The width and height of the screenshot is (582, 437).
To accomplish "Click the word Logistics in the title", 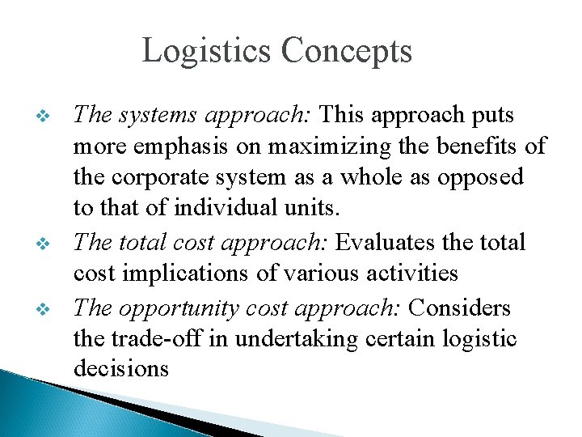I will [207, 51].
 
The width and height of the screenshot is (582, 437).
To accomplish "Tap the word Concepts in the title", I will [347, 51].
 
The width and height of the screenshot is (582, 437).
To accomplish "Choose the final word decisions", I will [121, 368].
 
